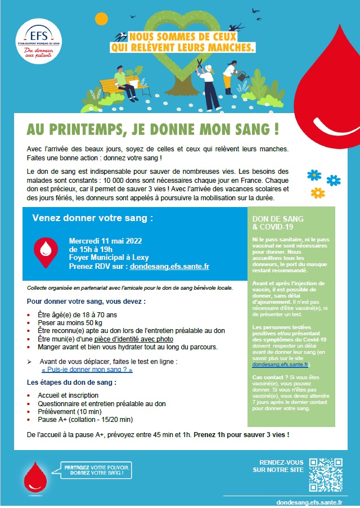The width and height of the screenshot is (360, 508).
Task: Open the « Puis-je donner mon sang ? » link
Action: (87, 371)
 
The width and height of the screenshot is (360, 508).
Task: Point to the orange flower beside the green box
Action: (318, 192)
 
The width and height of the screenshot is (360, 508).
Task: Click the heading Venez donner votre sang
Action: (92, 217)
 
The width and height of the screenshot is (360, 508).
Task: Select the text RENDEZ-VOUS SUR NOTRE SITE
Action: (278, 465)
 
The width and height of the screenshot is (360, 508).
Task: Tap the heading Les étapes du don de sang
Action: (72, 383)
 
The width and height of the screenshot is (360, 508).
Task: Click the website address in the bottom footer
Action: (310, 501)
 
